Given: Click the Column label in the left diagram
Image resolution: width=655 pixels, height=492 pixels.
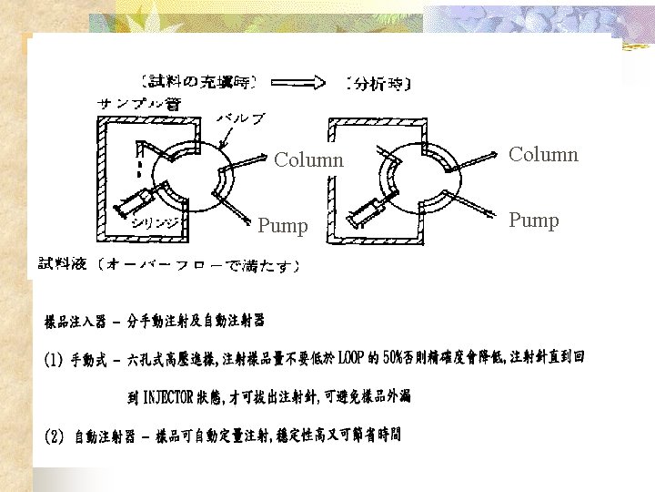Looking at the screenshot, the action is [x=308, y=160].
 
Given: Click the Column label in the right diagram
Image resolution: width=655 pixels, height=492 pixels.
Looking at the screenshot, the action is [x=543, y=154].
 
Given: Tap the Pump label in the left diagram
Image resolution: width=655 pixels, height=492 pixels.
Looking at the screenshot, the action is [x=282, y=225].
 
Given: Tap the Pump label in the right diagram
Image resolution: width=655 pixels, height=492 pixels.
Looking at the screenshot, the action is [x=533, y=220].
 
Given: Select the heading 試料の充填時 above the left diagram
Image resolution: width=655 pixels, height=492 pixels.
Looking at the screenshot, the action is [x=195, y=83].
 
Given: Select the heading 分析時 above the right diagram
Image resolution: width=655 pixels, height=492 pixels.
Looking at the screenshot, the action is [x=378, y=84].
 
